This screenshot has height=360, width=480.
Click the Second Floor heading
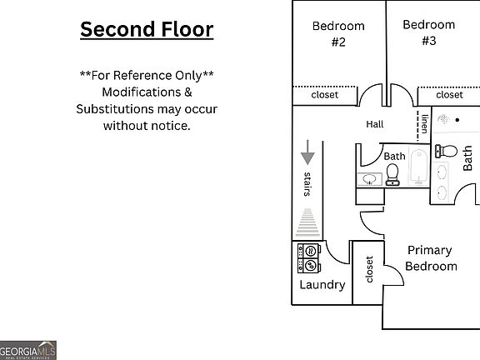coord(147,29)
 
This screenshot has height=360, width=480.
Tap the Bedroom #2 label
coord(338,33)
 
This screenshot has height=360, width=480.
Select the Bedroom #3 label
coord(429,32)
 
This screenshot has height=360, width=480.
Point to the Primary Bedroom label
coord(431,258)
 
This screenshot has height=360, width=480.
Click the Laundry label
coord(322,285)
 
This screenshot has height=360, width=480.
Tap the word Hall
coord(375,124)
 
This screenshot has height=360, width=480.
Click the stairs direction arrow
coord(307,152)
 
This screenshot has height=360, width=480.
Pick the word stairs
coord(307,184)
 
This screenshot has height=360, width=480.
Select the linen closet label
coord(425,124)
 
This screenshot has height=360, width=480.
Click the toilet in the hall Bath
coord(392,175)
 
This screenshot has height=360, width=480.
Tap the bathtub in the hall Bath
coord(418,167)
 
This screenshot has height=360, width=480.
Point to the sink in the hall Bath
coord(370,179)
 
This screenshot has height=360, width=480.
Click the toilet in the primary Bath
coord(446,151)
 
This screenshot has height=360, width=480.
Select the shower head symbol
coord(443,119)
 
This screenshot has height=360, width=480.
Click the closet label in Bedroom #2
coord(324,95)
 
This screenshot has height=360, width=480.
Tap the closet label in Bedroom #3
coord(449,95)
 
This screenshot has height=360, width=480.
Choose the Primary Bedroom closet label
coord(369,269)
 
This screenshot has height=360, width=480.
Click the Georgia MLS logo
coord(27,350)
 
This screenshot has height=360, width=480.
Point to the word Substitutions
coord(115,109)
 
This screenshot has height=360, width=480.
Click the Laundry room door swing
coord(337,252)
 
